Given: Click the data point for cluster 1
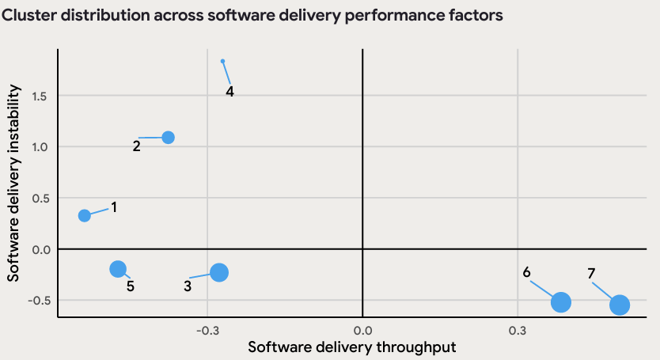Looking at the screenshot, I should [85, 215].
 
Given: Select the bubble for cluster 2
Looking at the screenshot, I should [168, 137].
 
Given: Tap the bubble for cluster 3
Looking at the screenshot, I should [219, 272].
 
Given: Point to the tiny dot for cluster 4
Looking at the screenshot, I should [222, 61].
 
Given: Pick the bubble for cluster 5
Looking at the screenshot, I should [118, 269].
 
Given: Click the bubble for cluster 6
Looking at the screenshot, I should [561, 301].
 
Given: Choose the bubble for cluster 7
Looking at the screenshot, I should [620, 305].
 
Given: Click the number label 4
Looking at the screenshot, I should [229, 91].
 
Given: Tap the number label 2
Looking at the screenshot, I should [136, 146].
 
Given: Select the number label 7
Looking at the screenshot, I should [591, 274].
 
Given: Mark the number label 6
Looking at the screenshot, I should [526, 272].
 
